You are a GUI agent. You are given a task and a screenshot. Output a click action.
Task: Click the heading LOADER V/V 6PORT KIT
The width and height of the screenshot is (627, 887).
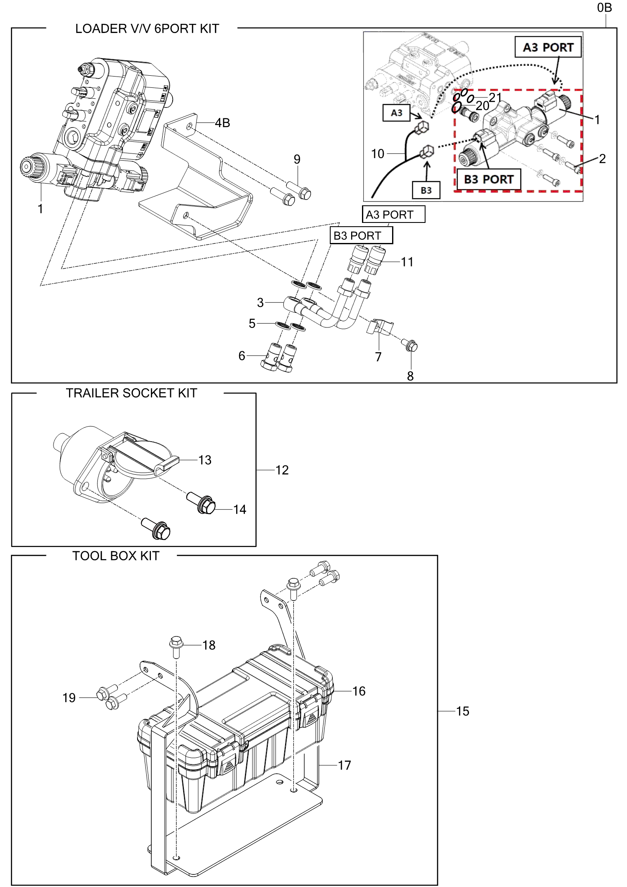(x=147, y=29)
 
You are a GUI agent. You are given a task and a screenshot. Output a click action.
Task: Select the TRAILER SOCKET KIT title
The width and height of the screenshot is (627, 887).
(x=131, y=393)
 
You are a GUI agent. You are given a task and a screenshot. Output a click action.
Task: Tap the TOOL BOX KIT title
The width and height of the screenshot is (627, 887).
(x=116, y=556)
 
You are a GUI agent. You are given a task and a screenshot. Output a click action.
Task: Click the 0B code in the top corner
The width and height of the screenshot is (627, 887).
(x=604, y=8)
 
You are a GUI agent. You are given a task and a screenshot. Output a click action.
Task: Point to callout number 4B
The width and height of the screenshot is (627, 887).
(x=222, y=123)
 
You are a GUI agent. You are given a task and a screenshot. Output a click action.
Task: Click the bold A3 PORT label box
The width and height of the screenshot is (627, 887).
(x=548, y=47)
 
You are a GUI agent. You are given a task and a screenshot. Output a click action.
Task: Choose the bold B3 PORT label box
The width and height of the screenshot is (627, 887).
(x=488, y=179)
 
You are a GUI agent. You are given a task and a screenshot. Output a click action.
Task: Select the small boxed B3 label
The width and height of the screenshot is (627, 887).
(x=426, y=190)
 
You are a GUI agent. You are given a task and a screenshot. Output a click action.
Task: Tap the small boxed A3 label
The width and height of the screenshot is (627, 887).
(x=396, y=113)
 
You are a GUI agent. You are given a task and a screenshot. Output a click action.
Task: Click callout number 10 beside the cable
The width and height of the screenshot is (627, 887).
(x=377, y=154)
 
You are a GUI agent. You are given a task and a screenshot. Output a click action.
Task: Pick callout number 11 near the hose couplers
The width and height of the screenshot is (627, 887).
(x=407, y=262)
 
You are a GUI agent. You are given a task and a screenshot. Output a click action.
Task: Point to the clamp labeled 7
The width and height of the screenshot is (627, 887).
(x=380, y=327)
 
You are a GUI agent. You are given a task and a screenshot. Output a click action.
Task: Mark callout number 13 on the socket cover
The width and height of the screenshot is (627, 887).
(x=205, y=460)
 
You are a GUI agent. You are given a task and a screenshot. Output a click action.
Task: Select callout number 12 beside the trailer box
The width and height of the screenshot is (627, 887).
(x=282, y=470)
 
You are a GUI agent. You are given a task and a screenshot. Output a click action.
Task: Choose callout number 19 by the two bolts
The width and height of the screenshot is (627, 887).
(x=69, y=698)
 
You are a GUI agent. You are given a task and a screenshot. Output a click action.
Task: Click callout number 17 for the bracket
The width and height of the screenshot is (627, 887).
(x=344, y=765)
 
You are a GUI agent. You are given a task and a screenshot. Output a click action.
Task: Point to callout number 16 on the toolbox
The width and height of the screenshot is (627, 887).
(x=359, y=691)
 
